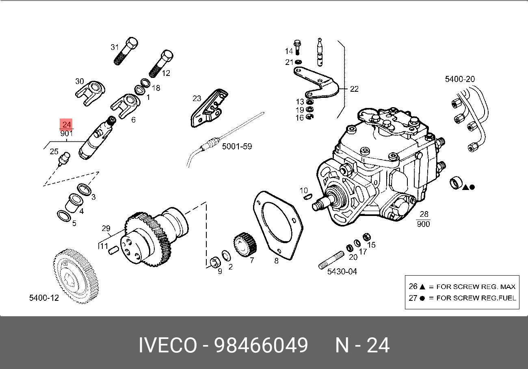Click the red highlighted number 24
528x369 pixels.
67,124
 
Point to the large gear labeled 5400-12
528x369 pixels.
78,274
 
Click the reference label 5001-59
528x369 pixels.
237,146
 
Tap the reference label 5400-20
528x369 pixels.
460,79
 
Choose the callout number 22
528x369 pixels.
354,89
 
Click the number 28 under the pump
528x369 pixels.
424,214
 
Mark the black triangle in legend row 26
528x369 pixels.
422,287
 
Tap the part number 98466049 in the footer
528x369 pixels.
261,345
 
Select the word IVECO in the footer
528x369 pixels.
167,345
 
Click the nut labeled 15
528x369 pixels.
366,236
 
